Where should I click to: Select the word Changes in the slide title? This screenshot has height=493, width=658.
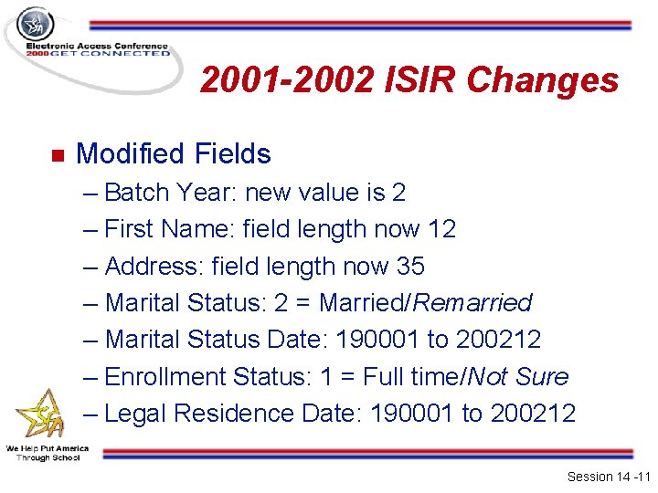[x=543, y=81]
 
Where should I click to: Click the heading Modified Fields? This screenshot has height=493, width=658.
[x=174, y=153]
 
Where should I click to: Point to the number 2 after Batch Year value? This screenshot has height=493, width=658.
[x=398, y=193]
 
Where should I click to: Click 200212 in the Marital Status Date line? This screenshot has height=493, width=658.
[x=498, y=340]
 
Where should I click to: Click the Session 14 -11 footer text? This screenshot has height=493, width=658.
[x=607, y=477]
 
